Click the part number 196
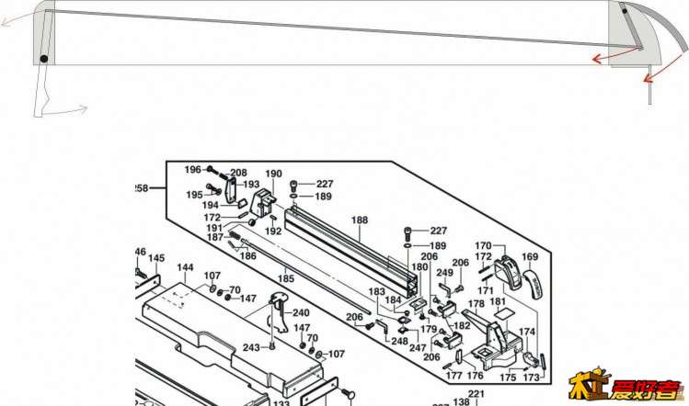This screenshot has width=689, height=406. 191,169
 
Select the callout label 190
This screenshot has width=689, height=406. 273,174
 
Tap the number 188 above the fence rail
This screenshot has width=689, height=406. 359,220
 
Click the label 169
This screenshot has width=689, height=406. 530,257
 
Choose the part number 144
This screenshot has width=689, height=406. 185,267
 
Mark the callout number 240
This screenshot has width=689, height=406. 301,312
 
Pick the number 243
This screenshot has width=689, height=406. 251,347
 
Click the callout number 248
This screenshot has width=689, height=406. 398,341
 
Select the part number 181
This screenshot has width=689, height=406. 498,301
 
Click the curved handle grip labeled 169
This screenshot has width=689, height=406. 534,282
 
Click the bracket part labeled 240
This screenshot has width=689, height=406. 276,311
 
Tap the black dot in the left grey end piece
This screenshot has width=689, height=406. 43,61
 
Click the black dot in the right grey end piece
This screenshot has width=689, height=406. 623,12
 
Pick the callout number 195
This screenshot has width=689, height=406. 193,195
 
